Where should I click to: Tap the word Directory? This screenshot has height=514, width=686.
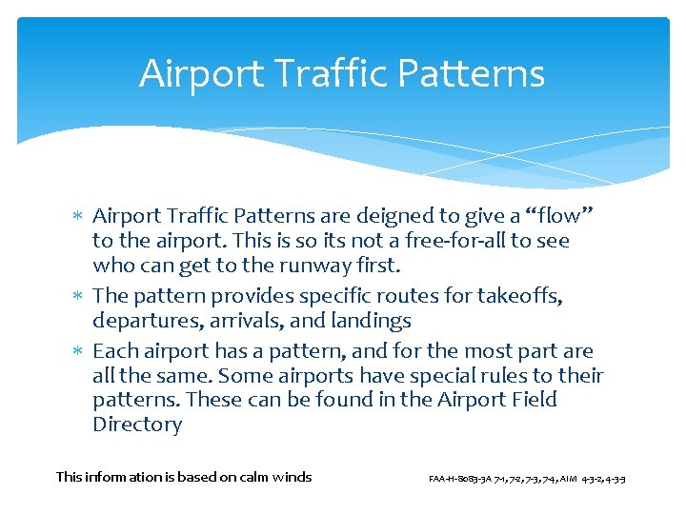pyautogui.click(x=137, y=425)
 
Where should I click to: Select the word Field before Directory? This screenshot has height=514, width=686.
pyautogui.click(x=532, y=400)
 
